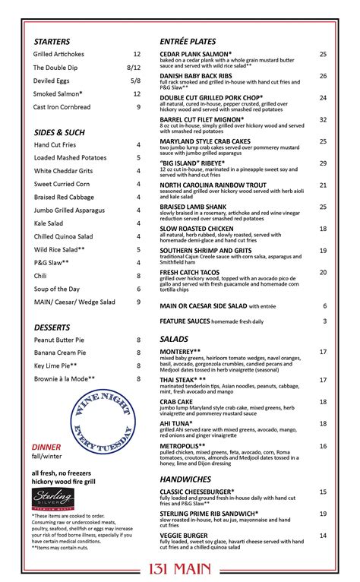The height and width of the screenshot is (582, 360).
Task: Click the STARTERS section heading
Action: point(52,42)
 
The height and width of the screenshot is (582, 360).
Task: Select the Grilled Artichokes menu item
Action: point(58,55)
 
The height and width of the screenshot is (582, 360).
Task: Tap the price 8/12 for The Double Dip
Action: point(134,68)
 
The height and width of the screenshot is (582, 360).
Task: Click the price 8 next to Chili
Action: point(138,276)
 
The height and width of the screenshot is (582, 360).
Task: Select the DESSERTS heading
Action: point(52,327)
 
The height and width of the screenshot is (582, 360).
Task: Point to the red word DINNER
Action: point(46,448)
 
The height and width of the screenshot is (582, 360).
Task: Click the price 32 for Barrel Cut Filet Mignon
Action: point(323,120)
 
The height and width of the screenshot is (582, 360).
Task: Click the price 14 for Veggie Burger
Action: point(323,536)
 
